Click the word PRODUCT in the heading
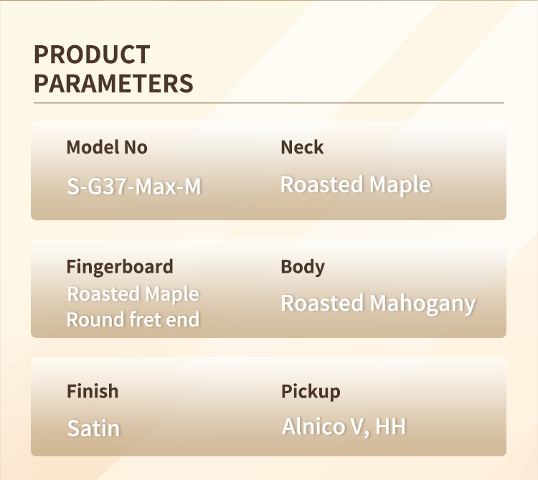coord(92,55)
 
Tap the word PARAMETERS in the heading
coord(113,83)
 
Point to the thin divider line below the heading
coord(269,103)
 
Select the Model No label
coord(107,147)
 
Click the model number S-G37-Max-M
coord(134,187)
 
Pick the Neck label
coord(302,147)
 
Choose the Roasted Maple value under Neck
coord(356,185)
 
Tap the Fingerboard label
coord(120,268)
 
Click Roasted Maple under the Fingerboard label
coord(133,294)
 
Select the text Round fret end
coord(133,320)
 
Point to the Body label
coord(303,268)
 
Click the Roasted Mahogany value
coord(378,304)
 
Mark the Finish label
coord(93,391)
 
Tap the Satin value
coord(94,428)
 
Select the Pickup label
coord(311,392)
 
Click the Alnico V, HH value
coord(344,427)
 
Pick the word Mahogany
coord(423,304)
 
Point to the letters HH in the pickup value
coord(391,426)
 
